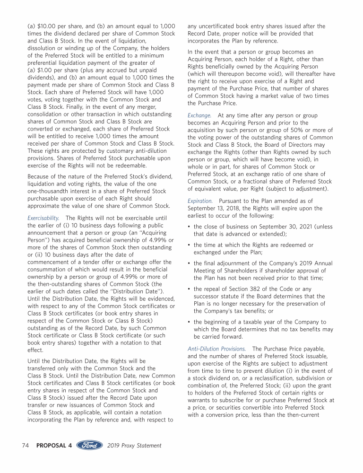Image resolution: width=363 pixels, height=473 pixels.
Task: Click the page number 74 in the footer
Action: point(26,446)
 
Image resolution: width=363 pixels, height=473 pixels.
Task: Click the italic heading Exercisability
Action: point(43,218)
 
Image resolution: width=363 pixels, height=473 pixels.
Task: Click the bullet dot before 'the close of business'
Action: point(189,227)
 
